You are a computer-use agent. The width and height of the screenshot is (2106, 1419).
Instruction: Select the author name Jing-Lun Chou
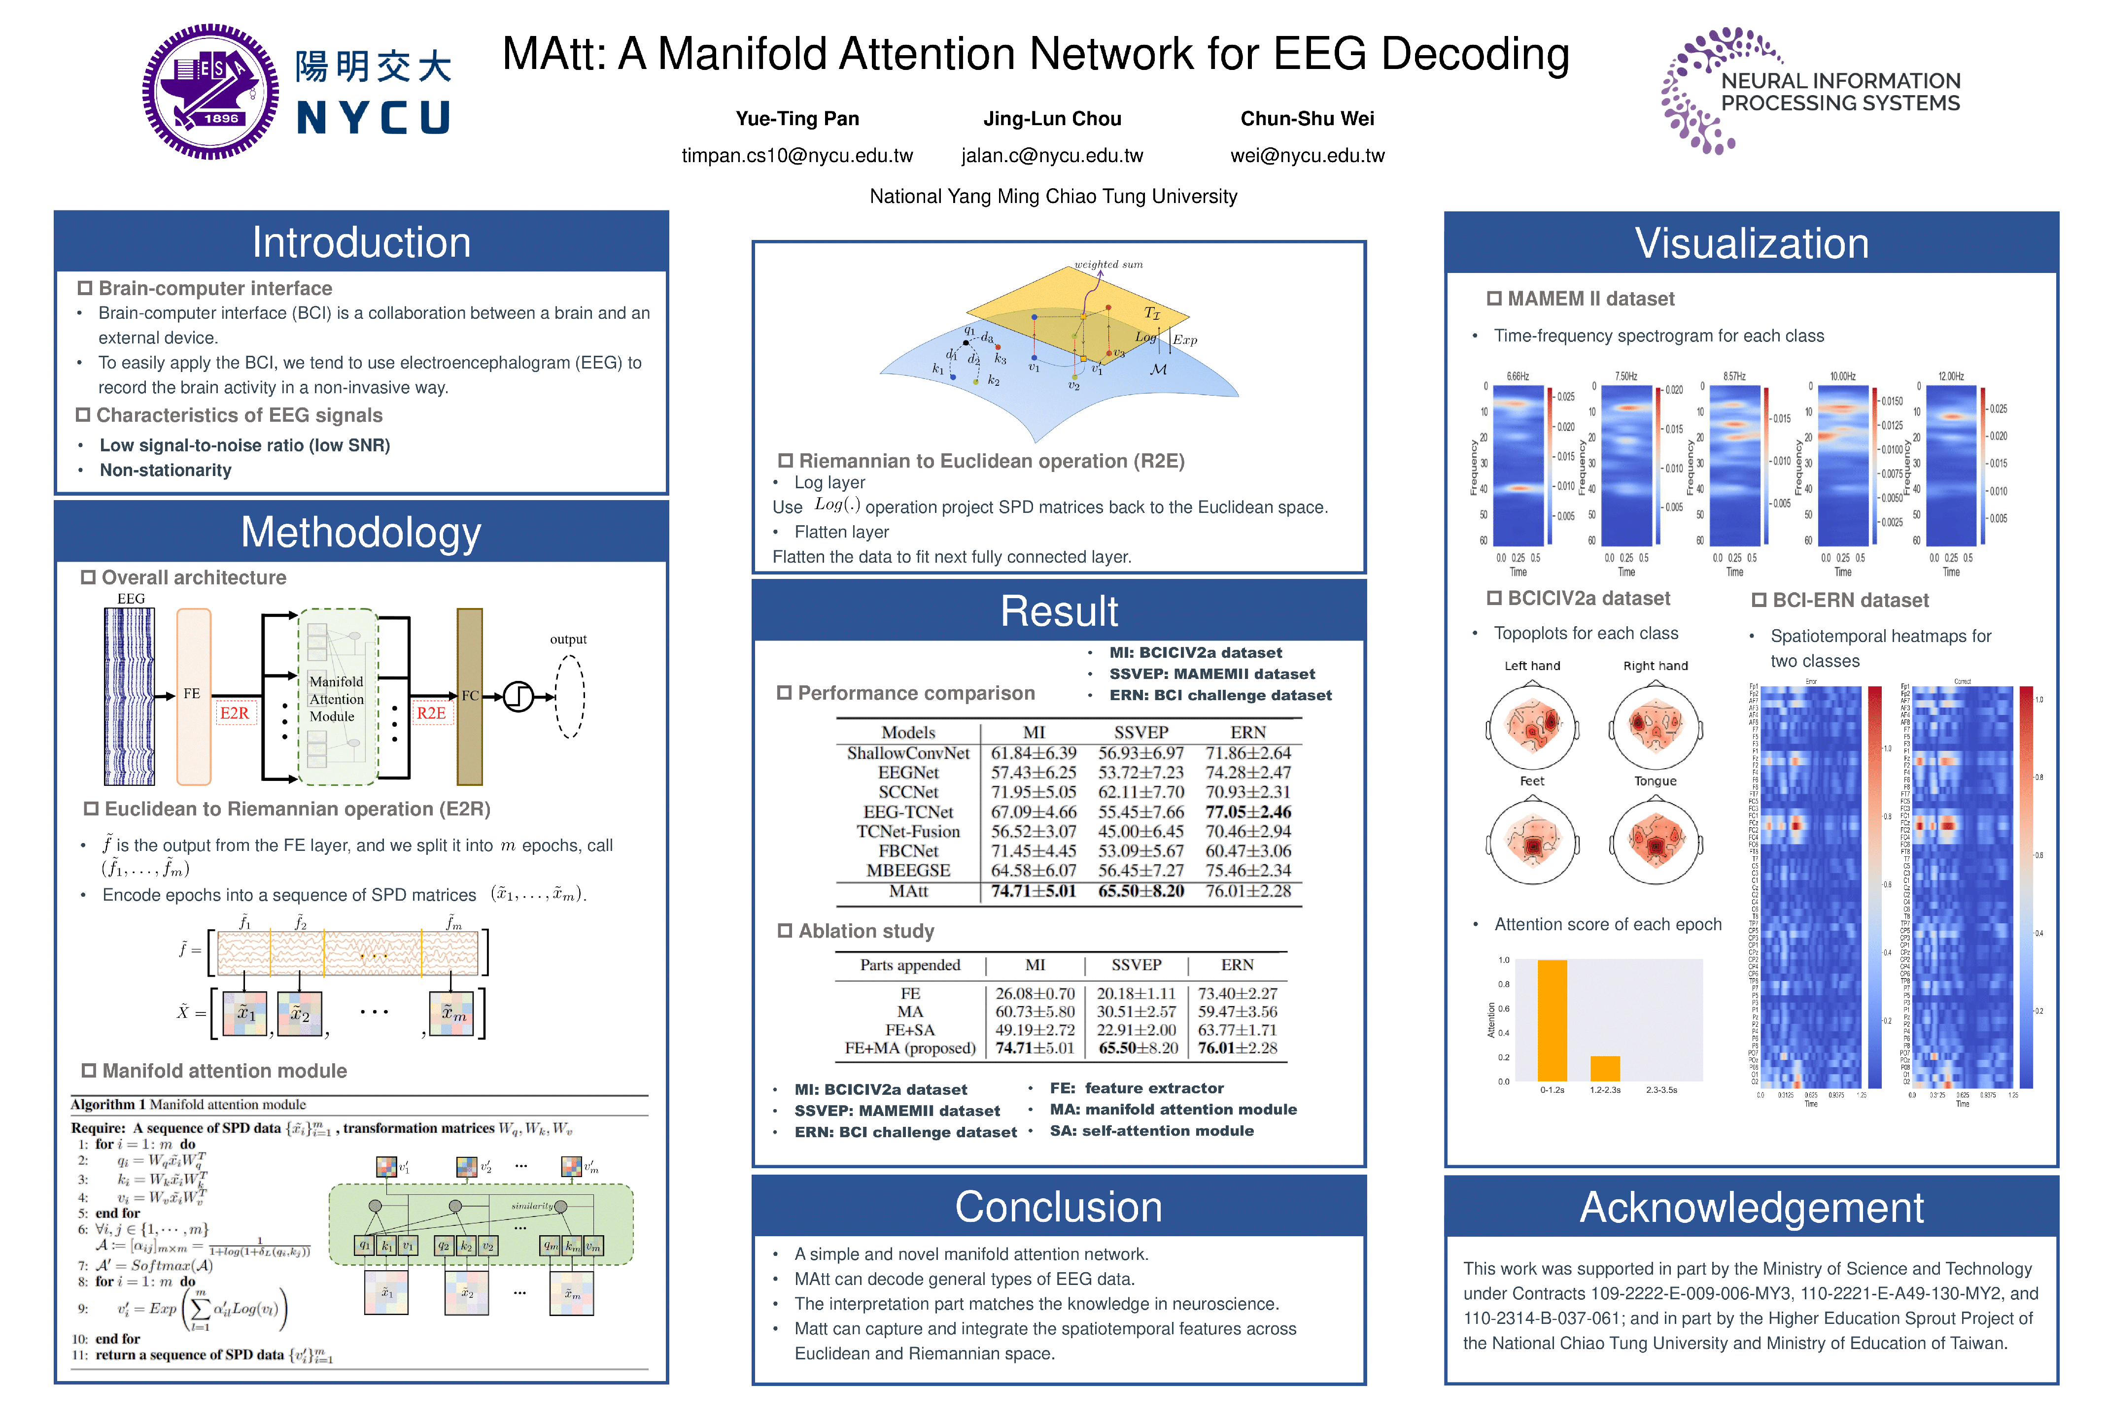1052,119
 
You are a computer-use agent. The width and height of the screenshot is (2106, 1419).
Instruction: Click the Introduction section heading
361,242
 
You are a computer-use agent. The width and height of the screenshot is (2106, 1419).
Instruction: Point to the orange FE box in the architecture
194,695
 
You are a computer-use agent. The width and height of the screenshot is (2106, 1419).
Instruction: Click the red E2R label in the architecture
235,713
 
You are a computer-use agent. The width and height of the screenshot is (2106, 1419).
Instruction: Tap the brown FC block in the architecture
470,696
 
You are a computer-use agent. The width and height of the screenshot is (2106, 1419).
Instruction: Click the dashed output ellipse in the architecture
569,696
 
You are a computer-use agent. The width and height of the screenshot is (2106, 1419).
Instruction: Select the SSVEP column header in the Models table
1140,732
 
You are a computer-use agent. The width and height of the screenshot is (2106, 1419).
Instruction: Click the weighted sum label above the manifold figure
1108,264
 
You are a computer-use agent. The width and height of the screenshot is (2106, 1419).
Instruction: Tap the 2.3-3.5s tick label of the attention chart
1661,1090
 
